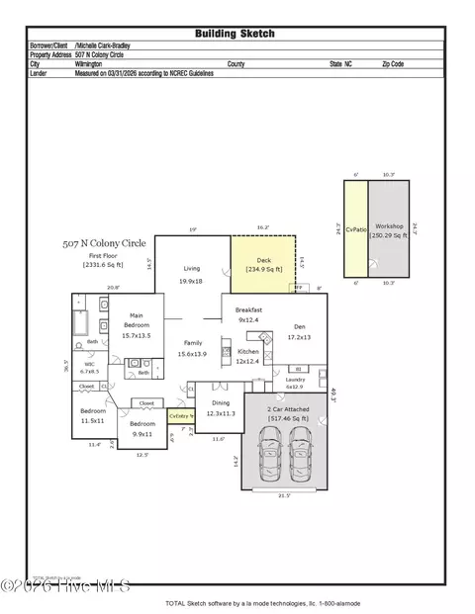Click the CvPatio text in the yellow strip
coord(356,228)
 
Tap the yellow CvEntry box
coord(178,416)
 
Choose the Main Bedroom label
coord(136,325)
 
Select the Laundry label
coord(295,380)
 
